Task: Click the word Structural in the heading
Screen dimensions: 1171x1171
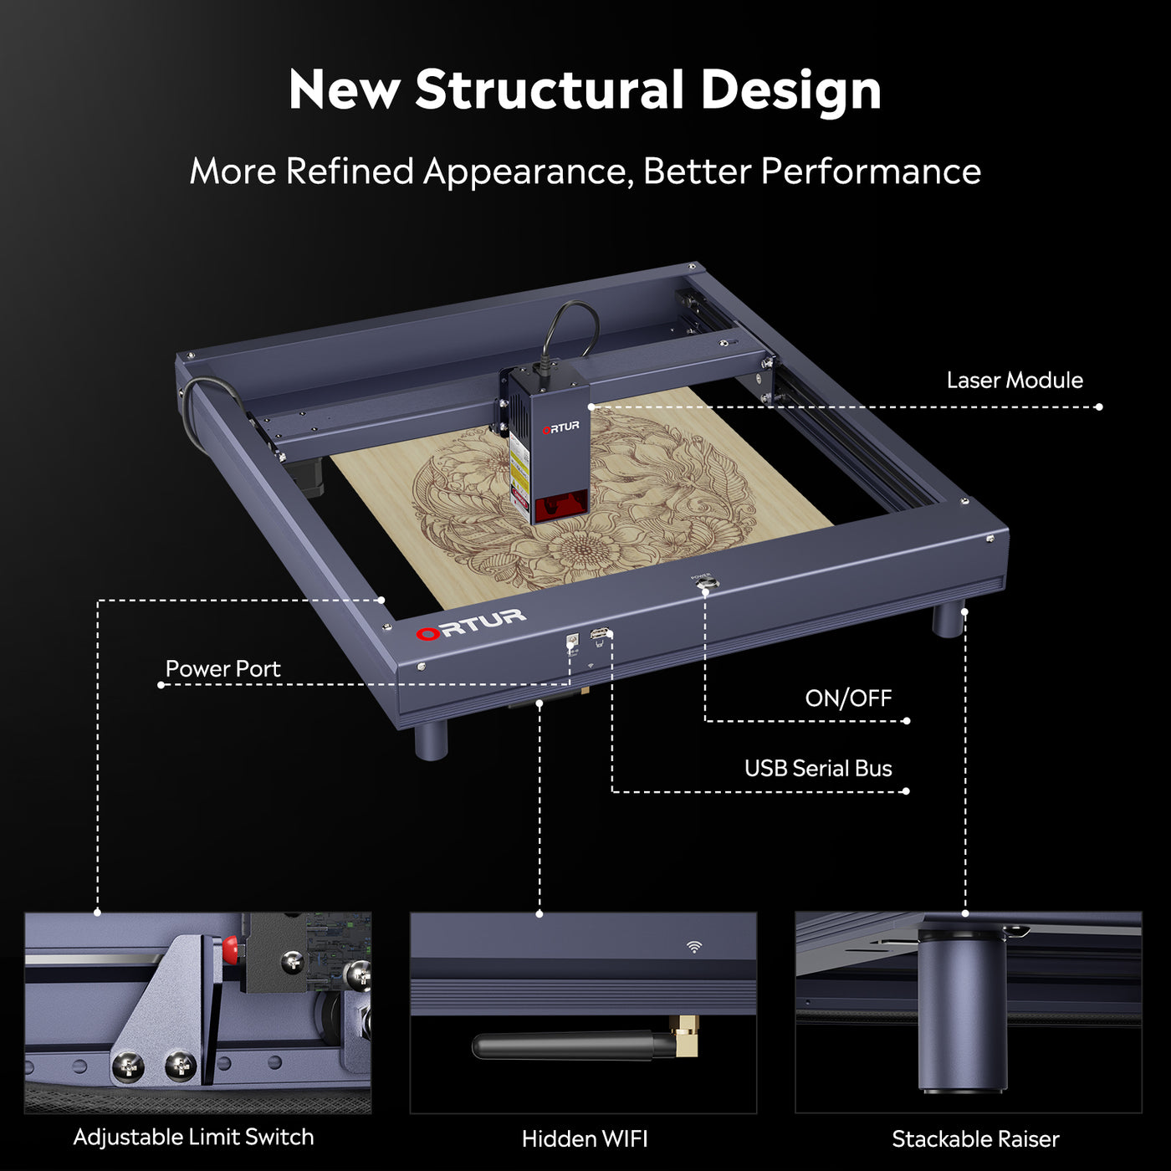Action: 550,89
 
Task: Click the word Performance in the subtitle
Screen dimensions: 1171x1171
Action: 870,171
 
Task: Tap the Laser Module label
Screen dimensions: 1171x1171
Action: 1014,381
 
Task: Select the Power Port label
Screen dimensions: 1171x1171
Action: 222,669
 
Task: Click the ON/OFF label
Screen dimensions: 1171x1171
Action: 847,698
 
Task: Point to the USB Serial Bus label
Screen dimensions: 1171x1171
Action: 817,769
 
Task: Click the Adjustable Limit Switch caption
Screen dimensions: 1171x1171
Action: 193,1138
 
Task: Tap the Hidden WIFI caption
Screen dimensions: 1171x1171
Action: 584,1139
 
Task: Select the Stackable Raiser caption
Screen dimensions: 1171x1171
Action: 974,1139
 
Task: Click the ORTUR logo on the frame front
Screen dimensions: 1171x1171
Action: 471,624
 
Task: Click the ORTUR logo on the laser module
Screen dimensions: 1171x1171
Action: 560,427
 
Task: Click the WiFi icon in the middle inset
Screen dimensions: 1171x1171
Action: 693,947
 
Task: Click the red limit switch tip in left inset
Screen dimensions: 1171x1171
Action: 229,949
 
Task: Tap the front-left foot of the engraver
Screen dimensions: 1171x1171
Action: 431,739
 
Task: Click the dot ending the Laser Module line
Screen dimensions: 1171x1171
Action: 1098,407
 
